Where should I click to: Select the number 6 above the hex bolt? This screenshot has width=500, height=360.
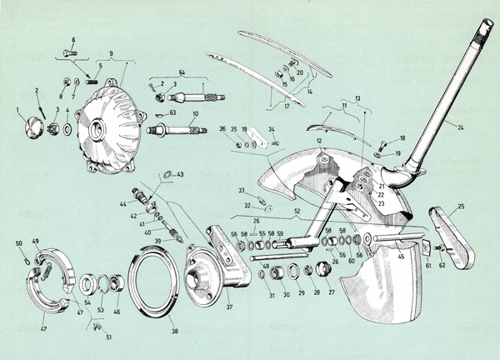tap(72, 40)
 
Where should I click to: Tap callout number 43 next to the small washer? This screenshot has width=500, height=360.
tap(181, 173)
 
